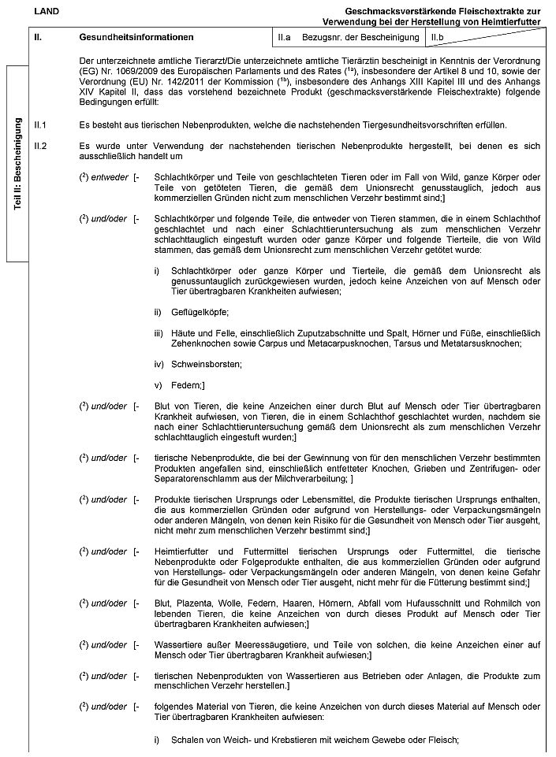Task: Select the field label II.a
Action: pos(285,37)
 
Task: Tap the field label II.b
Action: pos(438,37)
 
